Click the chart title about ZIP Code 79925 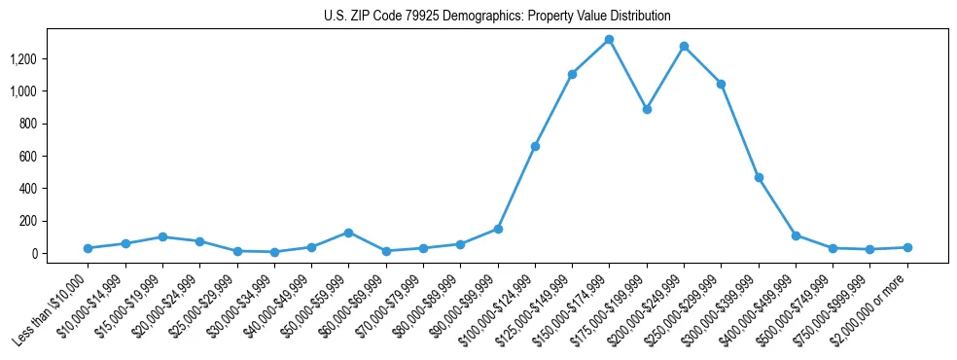tap(497, 17)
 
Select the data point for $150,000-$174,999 tap(609, 40)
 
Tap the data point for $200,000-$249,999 tap(684, 46)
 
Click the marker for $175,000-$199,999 tap(647, 109)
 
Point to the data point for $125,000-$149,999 tap(572, 74)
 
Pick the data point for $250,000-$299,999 tap(721, 84)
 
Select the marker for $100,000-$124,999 tap(535, 146)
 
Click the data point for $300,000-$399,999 tap(759, 177)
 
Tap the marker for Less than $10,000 tap(89, 248)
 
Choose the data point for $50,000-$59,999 tap(348, 233)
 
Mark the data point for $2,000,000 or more tap(907, 247)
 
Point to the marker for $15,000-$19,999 tap(162, 236)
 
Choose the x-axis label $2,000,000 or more tap(872, 308)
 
